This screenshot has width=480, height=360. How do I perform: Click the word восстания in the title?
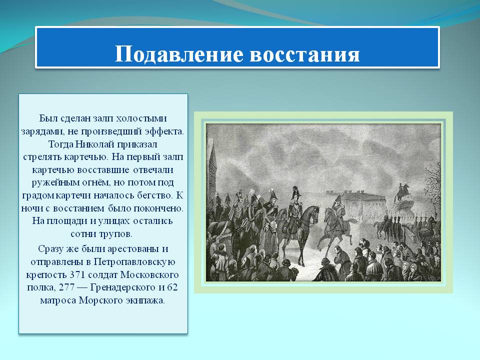pyautogui.click(x=304, y=54)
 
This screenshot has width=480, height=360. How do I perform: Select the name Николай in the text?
pyautogui.click(x=95, y=144)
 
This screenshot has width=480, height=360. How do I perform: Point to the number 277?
pyautogui.click(x=66, y=287)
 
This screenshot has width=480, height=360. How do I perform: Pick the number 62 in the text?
pyautogui.click(x=172, y=287)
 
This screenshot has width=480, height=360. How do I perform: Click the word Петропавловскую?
pyautogui.click(x=134, y=261)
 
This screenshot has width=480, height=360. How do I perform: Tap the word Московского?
pyautogui.click(x=149, y=274)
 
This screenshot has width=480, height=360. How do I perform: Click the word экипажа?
pyautogui.click(x=145, y=300)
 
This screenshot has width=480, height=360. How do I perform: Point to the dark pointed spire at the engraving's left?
pyautogui.click(x=212, y=165)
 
